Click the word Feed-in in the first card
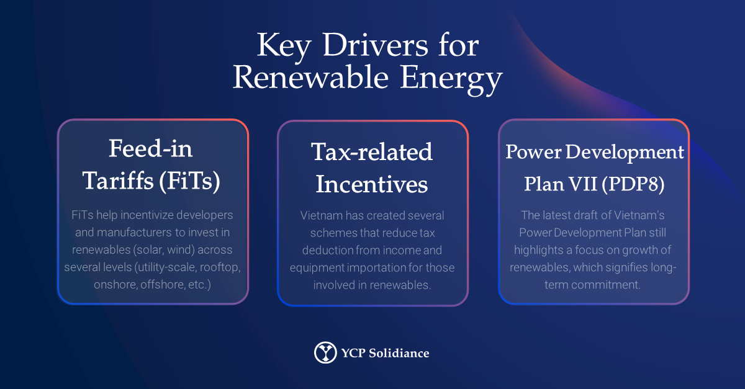tap(151, 148)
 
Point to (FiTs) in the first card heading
tap(189, 181)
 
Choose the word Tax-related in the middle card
tap(372, 152)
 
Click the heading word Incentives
tap(372, 184)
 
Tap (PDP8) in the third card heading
tap(633, 184)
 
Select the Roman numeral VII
tap(582, 184)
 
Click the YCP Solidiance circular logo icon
tap(325, 352)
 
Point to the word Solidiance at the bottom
tap(399, 353)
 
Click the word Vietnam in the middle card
tap(322, 215)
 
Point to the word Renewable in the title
tap(310, 78)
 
